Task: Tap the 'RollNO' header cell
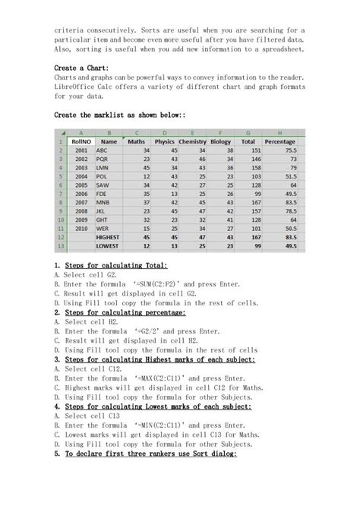(x=81, y=141)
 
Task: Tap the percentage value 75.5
(x=288, y=151)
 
